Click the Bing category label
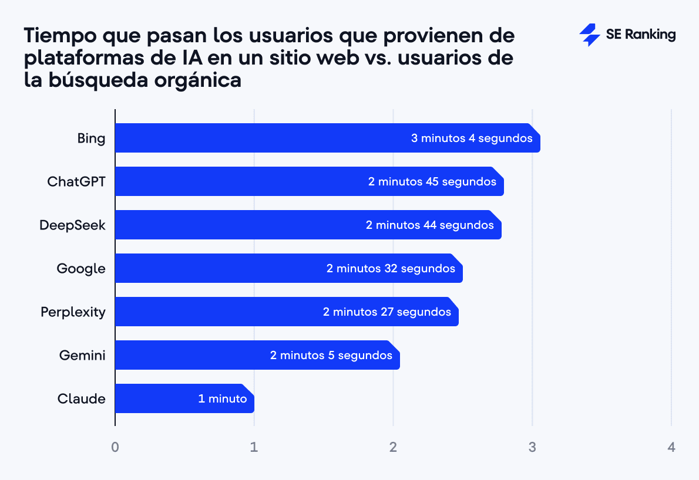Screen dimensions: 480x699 point(91,138)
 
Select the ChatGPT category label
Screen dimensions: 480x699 point(76,181)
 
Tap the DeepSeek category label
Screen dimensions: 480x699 point(72,225)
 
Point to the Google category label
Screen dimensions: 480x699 point(81,269)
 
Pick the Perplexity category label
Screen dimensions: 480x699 point(73,312)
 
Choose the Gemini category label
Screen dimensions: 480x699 point(82,355)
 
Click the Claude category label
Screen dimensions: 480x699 point(82,399)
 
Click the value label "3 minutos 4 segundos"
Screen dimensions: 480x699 point(472,138)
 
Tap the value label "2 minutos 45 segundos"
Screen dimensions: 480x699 point(432,182)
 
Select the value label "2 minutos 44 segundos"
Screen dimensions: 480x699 point(430,225)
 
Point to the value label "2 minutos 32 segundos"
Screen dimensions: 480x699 point(391,269)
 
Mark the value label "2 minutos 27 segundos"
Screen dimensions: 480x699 point(387,312)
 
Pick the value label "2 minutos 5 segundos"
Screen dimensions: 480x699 point(331,356)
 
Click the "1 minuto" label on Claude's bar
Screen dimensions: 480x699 point(223,399)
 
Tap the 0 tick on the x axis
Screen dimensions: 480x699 point(115,447)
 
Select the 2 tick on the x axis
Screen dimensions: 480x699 point(393,447)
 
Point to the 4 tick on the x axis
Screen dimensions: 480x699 point(671,447)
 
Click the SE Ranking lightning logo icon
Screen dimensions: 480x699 point(589,35)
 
